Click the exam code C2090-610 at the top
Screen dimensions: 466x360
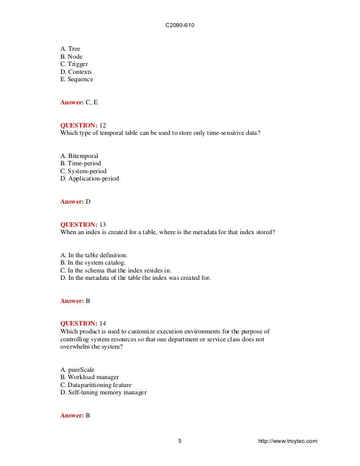coord(179,26)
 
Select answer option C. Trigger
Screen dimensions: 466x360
coord(73,64)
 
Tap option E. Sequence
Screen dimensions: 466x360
coord(77,80)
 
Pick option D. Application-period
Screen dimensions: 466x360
coord(89,179)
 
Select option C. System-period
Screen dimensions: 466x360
coord(83,171)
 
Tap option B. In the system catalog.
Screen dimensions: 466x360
coord(93,262)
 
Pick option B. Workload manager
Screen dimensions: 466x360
coord(89,377)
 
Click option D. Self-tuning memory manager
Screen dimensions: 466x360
coord(103,393)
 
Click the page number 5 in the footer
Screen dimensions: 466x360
coord(180,441)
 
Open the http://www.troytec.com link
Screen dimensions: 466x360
coord(287,441)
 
